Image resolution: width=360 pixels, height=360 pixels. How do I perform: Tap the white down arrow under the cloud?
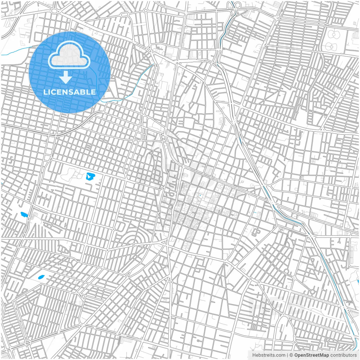click(66, 77)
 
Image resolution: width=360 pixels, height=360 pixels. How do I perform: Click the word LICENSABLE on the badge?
click(69, 92)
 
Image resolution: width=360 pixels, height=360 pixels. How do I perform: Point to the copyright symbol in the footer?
click(291, 355)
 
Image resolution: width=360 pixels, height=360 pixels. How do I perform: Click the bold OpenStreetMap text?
click(312, 355)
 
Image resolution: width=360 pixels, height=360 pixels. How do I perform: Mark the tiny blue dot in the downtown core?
click(200, 195)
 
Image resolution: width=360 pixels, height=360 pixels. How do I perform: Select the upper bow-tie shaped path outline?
click(334, 35)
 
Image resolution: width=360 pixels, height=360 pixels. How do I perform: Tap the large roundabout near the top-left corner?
click(54, 11)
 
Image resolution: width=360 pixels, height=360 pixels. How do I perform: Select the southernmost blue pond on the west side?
click(41, 277)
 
